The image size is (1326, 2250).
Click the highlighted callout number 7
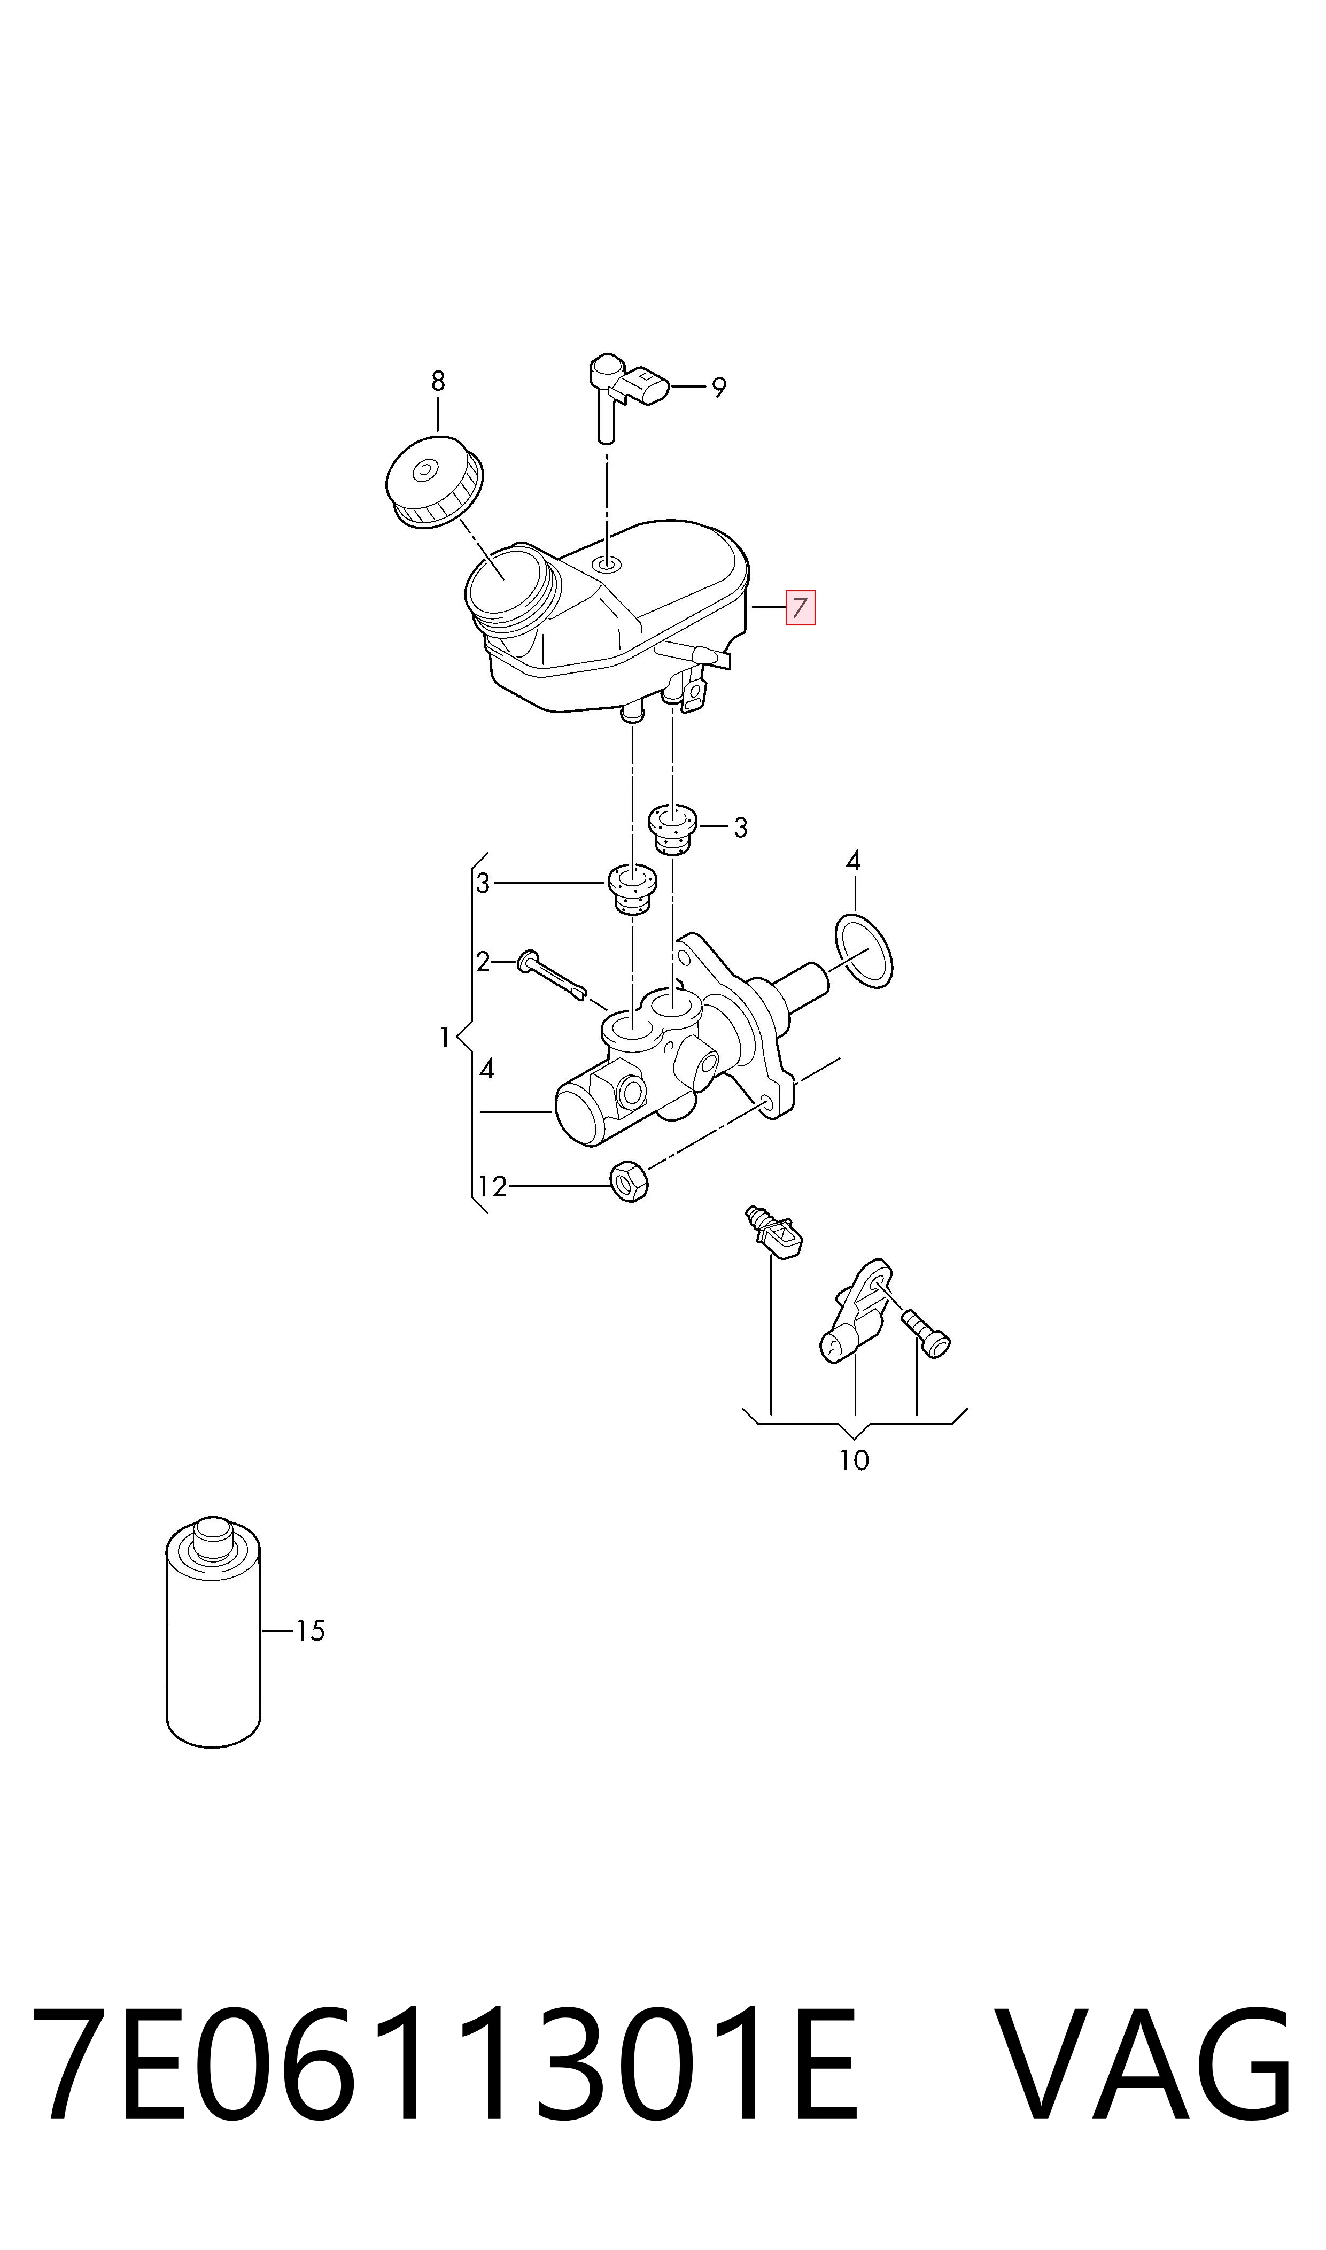coord(800,608)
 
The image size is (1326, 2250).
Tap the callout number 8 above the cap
coord(437,382)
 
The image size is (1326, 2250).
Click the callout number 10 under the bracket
coord(854,1460)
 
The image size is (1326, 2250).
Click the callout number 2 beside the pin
coord(483,962)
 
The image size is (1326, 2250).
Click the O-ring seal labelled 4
coord(863,951)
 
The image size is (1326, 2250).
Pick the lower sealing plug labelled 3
coord(632,889)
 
